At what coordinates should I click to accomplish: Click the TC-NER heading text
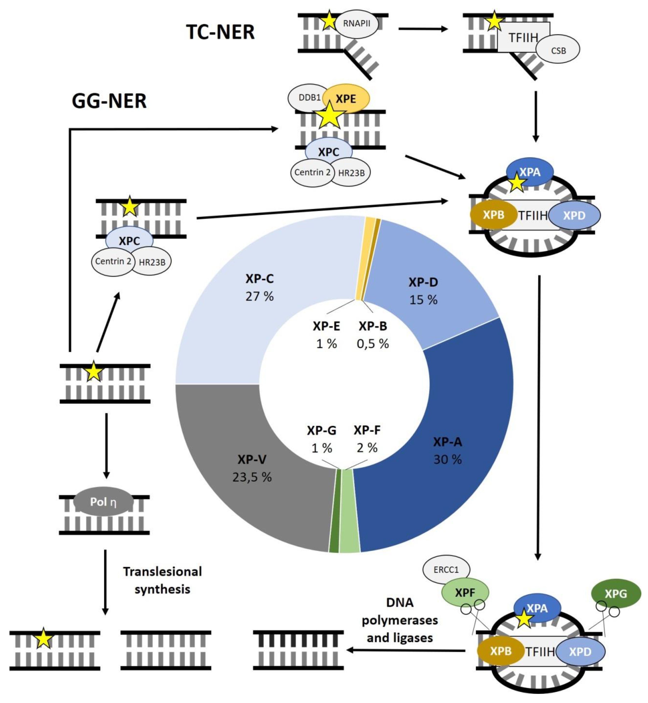[x=220, y=32]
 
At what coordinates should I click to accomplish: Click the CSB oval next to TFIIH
[x=559, y=51]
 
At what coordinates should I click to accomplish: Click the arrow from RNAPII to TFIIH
[x=423, y=29]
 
